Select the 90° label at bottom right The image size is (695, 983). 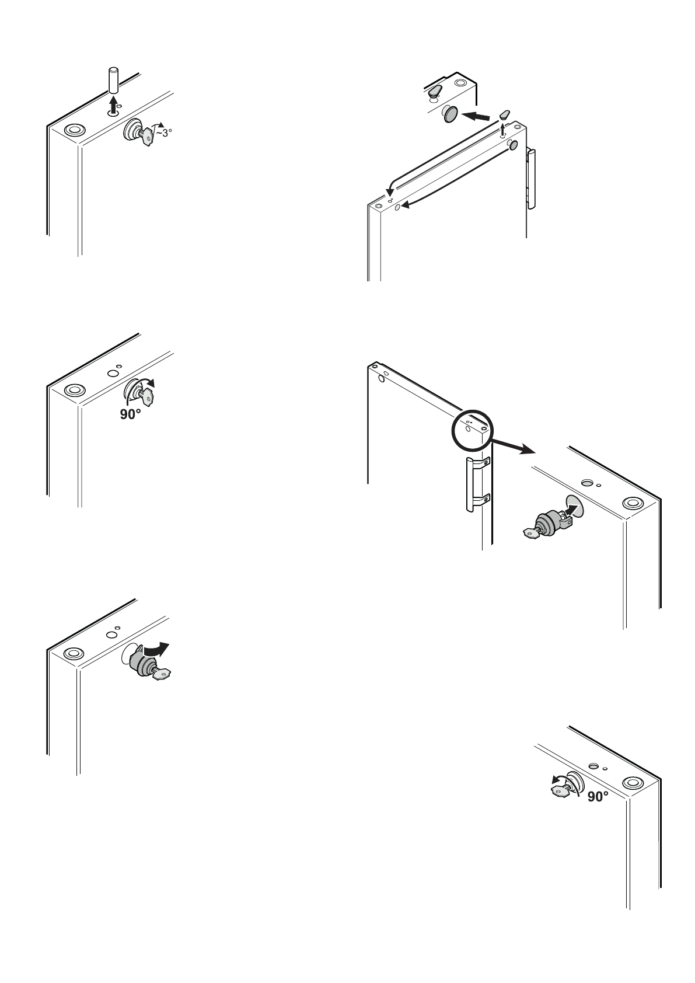(598, 796)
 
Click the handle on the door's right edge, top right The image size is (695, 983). (530, 178)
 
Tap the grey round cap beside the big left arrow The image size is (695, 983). (450, 114)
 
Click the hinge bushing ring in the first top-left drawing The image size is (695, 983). (73, 130)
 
